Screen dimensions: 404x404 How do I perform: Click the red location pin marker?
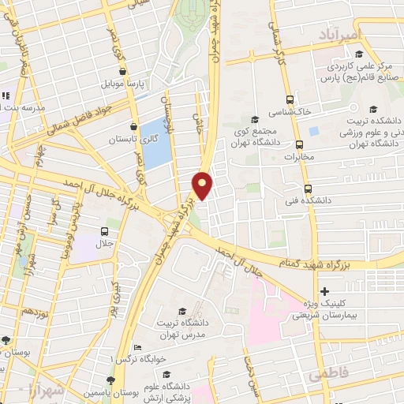[203, 185]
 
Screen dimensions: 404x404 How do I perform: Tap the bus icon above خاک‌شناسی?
[290, 99]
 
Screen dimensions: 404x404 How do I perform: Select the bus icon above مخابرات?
[299, 144]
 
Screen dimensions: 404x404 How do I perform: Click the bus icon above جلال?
[104, 231]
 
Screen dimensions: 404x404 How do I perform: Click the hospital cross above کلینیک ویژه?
[324, 292]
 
